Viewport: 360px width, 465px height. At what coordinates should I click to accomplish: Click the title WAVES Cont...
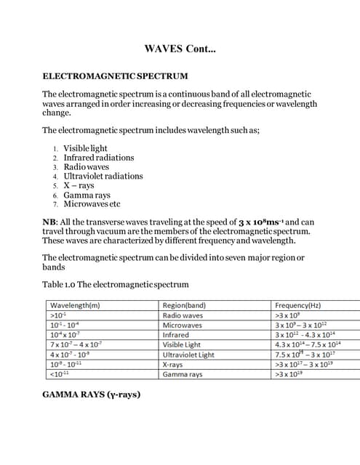pos(180,49)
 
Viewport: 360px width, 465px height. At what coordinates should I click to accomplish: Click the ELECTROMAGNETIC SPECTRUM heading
pos(115,76)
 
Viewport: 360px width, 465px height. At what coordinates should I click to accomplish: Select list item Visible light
pos(85,148)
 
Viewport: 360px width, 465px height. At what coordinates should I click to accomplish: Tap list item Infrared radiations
pos(98,158)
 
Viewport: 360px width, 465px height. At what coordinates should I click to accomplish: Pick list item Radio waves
pos(86,166)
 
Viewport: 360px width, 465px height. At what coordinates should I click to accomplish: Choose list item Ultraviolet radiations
pos(103,176)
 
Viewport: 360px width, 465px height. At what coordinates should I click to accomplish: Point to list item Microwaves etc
pos(92,204)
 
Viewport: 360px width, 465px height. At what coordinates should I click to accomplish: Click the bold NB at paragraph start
pos(50,222)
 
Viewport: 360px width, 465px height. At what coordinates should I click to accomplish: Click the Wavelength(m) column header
pos(74,306)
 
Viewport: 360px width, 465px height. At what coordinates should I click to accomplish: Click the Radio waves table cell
pos(183,316)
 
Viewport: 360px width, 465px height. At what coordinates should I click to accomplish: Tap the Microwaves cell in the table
pos(182,325)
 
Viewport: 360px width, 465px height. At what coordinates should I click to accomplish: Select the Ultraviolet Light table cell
pos(188,355)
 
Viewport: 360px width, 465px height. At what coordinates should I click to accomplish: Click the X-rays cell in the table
pos(172,365)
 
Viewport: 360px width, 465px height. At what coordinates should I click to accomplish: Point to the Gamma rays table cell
pos(183,374)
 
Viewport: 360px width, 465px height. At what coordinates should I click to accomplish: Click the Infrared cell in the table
pos(175,335)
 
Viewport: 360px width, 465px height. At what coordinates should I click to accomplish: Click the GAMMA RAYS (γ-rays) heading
pos(91,395)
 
